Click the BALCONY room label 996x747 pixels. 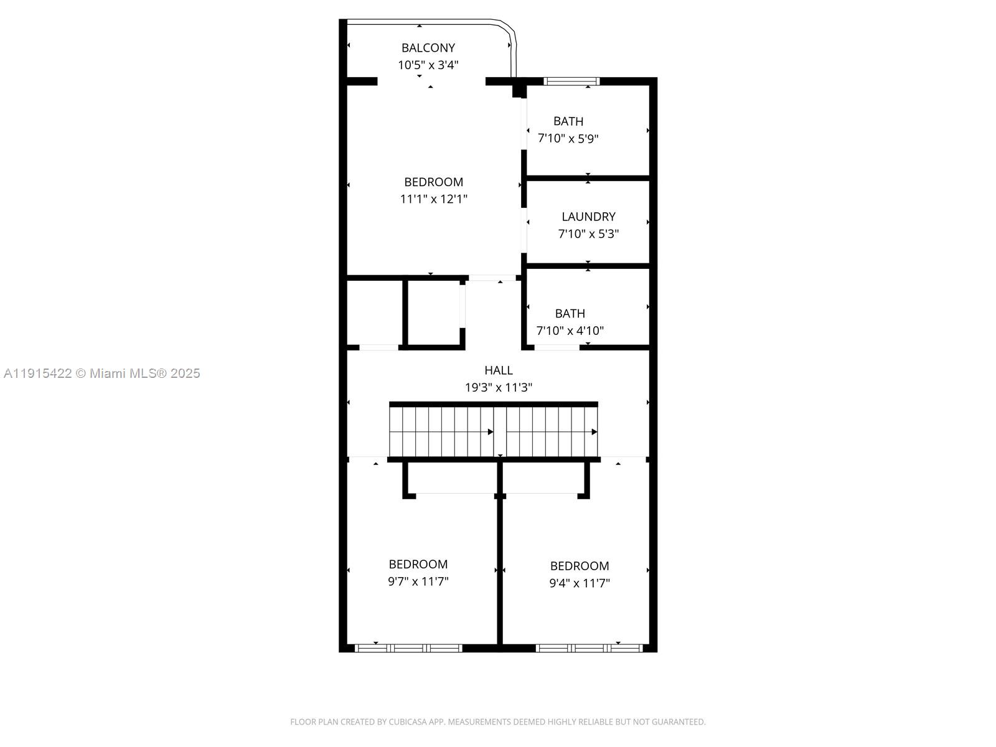coord(428,48)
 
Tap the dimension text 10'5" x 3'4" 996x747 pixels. coord(428,65)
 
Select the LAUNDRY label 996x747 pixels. coord(588,217)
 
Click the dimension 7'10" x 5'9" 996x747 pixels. coord(568,138)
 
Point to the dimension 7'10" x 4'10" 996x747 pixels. coord(570,331)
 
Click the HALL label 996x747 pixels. coord(498,370)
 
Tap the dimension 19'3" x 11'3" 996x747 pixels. coord(498,387)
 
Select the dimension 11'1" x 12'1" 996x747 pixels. coord(433,199)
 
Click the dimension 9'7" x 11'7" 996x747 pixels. coord(418,581)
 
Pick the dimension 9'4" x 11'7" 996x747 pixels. coord(579,583)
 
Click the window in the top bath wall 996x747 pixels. coord(571,81)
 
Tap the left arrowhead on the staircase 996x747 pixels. coord(491,431)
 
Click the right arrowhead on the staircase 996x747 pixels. coord(594,431)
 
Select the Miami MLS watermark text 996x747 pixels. coord(102,374)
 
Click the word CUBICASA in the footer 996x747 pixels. coord(408,722)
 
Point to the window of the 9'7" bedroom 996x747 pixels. coord(408,648)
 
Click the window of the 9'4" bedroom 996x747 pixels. coord(589,648)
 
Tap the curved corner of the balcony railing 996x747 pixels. coord(507,29)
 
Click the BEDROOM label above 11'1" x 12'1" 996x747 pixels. coord(433,182)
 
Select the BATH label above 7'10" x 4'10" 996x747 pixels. coord(570,314)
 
